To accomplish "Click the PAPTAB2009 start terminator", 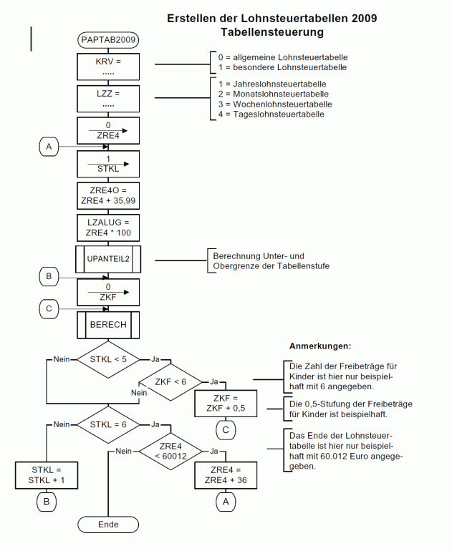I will pos(107,40).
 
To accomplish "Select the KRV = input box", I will pos(107,67).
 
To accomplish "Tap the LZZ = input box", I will pos(107,99).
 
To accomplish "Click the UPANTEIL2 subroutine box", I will pos(107,259).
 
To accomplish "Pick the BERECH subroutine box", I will pos(107,324).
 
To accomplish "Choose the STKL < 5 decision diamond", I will pos(107,359).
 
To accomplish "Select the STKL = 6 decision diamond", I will pos(107,424).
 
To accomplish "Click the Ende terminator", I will pos(107,525).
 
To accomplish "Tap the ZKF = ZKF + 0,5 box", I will pos(225,402).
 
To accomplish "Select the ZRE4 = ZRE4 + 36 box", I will pos(225,475).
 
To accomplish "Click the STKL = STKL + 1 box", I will pos(46,475).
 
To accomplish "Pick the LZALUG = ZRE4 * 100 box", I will pos(107,228).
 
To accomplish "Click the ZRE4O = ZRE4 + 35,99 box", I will pos(107,195).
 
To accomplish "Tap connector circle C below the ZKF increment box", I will pos(225,430).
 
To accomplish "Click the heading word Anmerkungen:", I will pos(320,346).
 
